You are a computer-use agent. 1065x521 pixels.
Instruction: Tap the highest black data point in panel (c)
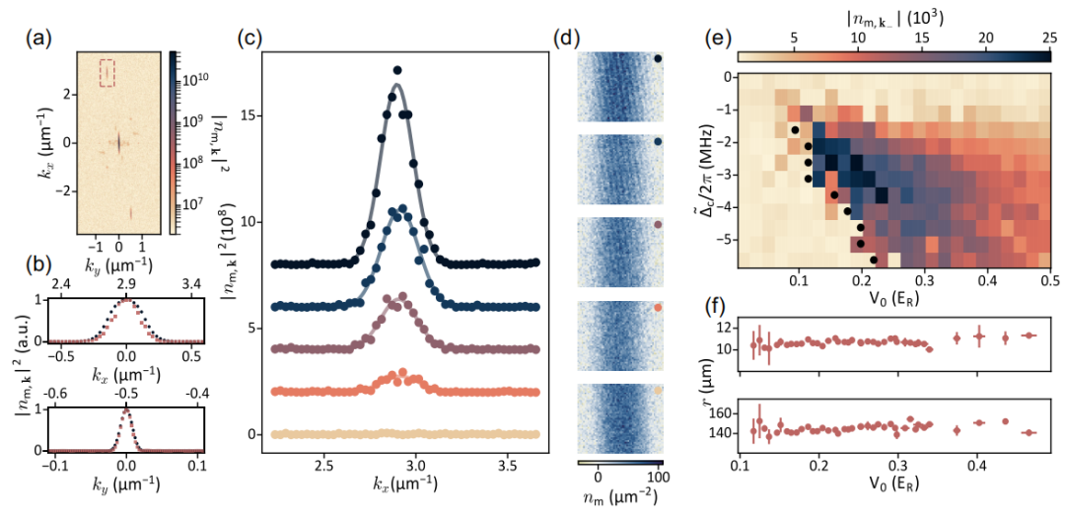pyautogui.click(x=397, y=70)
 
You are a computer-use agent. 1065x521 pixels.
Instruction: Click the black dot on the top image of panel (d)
pyautogui.click(x=658, y=58)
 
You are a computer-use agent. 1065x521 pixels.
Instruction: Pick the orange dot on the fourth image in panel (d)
pyautogui.click(x=658, y=308)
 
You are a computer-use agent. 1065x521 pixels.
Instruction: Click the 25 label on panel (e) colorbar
pyautogui.click(x=1048, y=36)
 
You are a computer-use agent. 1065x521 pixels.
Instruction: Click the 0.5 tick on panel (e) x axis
pyautogui.click(x=1048, y=282)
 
